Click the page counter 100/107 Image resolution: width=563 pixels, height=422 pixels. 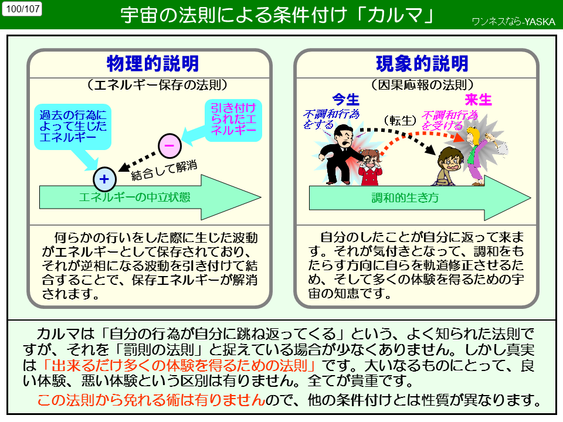pos(22,9)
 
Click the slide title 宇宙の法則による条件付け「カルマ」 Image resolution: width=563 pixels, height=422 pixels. pos(276,15)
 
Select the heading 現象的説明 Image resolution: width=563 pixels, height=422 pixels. pos(422,64)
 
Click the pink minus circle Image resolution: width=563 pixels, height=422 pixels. pos(169,145)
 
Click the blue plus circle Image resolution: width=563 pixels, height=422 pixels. pos(104,179)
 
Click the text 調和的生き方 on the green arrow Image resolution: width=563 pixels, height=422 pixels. pos(405,198)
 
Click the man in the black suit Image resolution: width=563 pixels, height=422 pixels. pos(336,152)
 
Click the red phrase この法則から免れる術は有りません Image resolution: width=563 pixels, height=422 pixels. pos(151,401)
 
